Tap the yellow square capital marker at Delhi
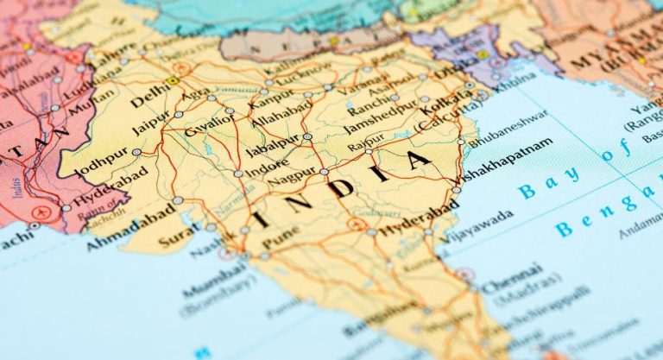(x=173, y=81)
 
